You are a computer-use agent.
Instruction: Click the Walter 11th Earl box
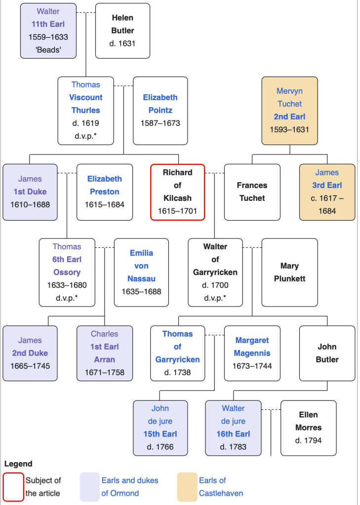pos(48,31)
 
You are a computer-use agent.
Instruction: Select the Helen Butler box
pos(122,31)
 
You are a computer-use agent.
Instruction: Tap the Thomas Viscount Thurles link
pos(86,104)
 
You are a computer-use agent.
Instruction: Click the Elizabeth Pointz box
pos(160,111)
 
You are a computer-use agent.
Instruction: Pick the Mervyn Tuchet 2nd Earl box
pos(289,111)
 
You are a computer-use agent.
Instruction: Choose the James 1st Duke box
pos(30,192)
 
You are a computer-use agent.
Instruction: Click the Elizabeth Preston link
pos(104,185)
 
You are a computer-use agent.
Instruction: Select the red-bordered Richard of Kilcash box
pos(177,192)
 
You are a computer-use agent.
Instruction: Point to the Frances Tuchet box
pos(252,192)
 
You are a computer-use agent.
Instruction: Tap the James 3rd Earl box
pos(327,192)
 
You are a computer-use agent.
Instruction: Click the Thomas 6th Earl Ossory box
pos(67,272)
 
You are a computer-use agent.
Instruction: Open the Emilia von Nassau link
pos(141,266)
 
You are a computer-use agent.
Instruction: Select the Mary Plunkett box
pos(289,272)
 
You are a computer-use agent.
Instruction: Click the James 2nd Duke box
pos(30,353)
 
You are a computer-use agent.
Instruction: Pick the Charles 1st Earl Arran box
pos(104,353)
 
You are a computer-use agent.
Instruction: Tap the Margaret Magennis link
pos(252,347)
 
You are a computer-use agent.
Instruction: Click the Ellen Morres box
pos(308,427)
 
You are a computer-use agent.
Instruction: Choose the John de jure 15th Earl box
pos(160,427)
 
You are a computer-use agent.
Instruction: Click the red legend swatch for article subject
pos(13,487)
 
